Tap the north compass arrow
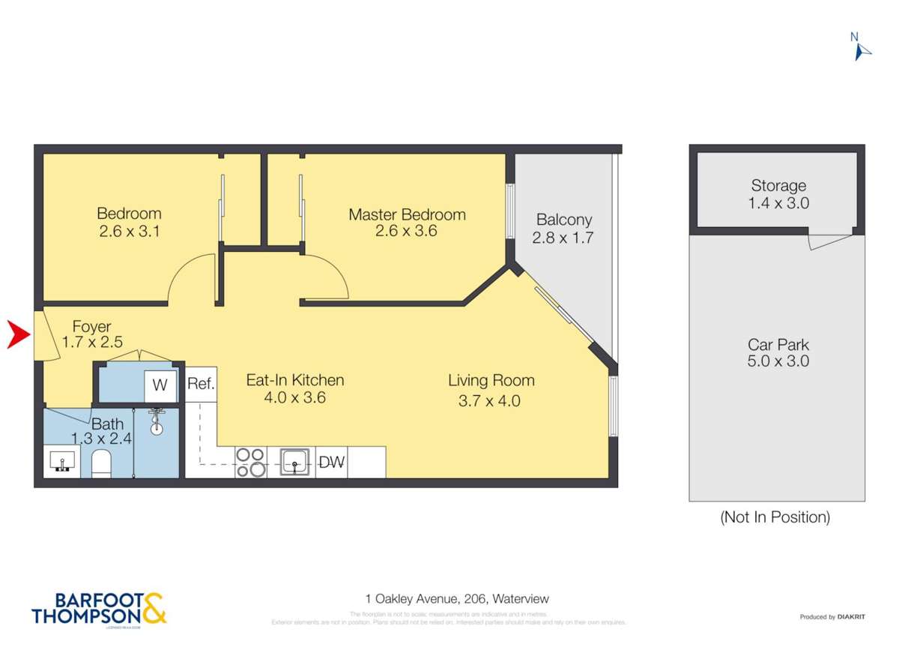862,49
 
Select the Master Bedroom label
407,214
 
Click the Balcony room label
563,220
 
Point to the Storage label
778,186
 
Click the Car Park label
778,345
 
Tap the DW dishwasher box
331,462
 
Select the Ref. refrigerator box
201,385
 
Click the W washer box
160,385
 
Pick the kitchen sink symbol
295,462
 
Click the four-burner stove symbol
250,462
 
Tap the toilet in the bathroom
101,464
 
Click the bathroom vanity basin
59,460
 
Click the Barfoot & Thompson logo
99,609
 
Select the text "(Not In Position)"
775,517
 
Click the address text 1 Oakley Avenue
457,599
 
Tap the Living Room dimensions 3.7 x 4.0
489,400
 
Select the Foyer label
91,327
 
